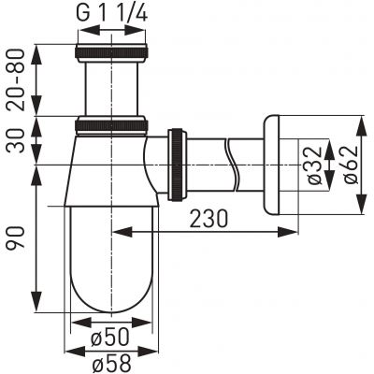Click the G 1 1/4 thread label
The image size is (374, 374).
click(x=111, y=13)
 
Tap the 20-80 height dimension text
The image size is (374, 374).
click(x=17, y=79)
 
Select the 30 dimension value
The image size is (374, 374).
click(x=17, y=140)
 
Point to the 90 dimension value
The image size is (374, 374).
click(x=16, y=237)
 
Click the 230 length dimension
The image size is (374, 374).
click(x=209, y=218)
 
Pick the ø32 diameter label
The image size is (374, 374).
click(x=314, y=165)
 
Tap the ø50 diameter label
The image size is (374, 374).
click(x=109, y=338)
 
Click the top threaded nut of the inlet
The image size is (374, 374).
click(x=111, y=53)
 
